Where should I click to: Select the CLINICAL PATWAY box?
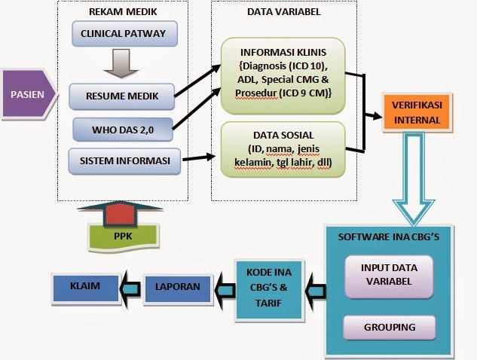(123, 33)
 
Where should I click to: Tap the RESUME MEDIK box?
(121, 96)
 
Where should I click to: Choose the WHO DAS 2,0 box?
(122, 128)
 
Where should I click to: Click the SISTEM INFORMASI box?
(121, 160)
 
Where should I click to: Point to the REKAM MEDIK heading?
(123, 11)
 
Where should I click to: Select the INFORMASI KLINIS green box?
(283, 72)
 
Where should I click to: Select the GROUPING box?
(389, 328)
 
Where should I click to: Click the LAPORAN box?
(179, 287)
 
